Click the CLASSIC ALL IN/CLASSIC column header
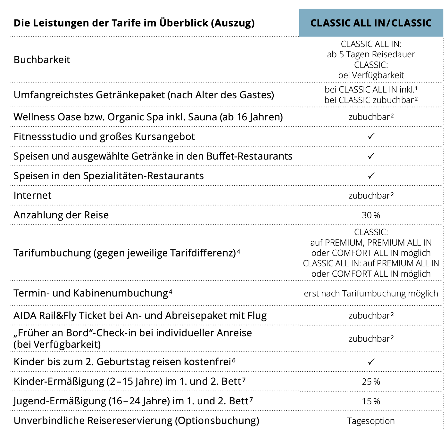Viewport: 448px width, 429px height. pos(371,23)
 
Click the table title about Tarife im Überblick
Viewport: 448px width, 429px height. pos(134,23)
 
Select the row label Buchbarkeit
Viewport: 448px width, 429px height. pos(42,60)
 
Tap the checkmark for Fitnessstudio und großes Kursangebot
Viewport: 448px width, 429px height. pos(371,136)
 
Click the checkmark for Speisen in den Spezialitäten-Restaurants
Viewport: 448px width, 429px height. pos(371,176)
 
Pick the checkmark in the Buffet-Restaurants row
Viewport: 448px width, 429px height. pos(371,156)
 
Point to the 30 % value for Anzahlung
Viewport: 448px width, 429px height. pos(371,215)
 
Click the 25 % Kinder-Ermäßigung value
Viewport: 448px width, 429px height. pos(371,382)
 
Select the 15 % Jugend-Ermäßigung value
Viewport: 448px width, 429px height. pos(371,401)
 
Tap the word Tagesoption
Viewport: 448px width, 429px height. pos(371,421)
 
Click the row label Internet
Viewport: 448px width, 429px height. pos(32,196)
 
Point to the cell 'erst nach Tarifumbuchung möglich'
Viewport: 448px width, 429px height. pos(371,293)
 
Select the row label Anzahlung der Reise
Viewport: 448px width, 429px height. pos(61,215)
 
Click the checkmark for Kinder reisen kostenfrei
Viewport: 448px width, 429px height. pos(371,362)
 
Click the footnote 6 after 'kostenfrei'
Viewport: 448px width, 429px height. pos(234,360)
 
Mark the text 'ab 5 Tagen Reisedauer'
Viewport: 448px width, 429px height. pos(371,54)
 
